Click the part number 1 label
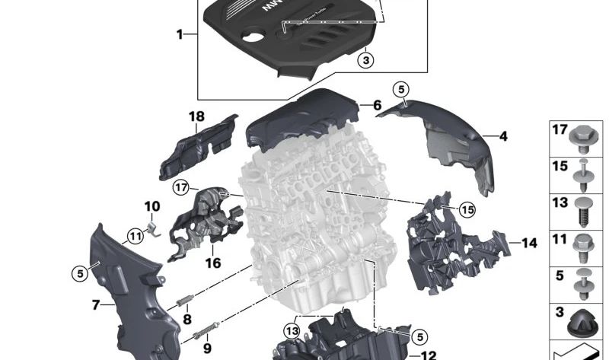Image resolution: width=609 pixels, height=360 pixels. [x=180, y=34]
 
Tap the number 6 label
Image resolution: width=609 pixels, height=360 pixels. [x=377, y=106]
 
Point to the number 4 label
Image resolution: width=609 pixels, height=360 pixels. [x=503, y=136]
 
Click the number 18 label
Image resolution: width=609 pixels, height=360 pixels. [x=197, y=116]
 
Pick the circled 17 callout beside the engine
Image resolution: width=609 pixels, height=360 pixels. [x=180, y=186]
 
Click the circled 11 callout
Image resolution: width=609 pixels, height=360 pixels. [x=135, y=236]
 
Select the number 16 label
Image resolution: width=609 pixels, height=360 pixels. [x=212, y=263]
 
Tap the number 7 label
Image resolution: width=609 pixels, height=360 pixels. [x=96, y=305]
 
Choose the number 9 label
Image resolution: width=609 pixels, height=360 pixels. [x=206, y=349]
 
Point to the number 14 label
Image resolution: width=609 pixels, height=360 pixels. [x=529, y=244]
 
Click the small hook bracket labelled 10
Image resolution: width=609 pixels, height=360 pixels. [x=152, y=226]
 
